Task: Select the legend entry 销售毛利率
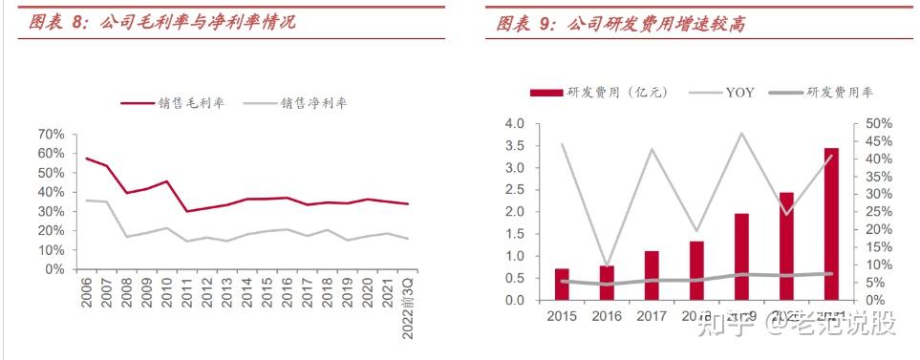[172, 102]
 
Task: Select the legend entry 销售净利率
[293, 102]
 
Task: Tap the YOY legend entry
[722, 93]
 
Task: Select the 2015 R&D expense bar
[562, 285]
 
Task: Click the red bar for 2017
[652, 275]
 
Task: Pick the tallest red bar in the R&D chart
[831, 223]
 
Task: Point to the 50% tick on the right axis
[879, 124]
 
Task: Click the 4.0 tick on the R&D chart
[515, 124]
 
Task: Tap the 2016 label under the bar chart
[607, 316]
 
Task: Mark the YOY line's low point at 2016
[607, 265]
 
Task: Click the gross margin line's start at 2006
[87, 159]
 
